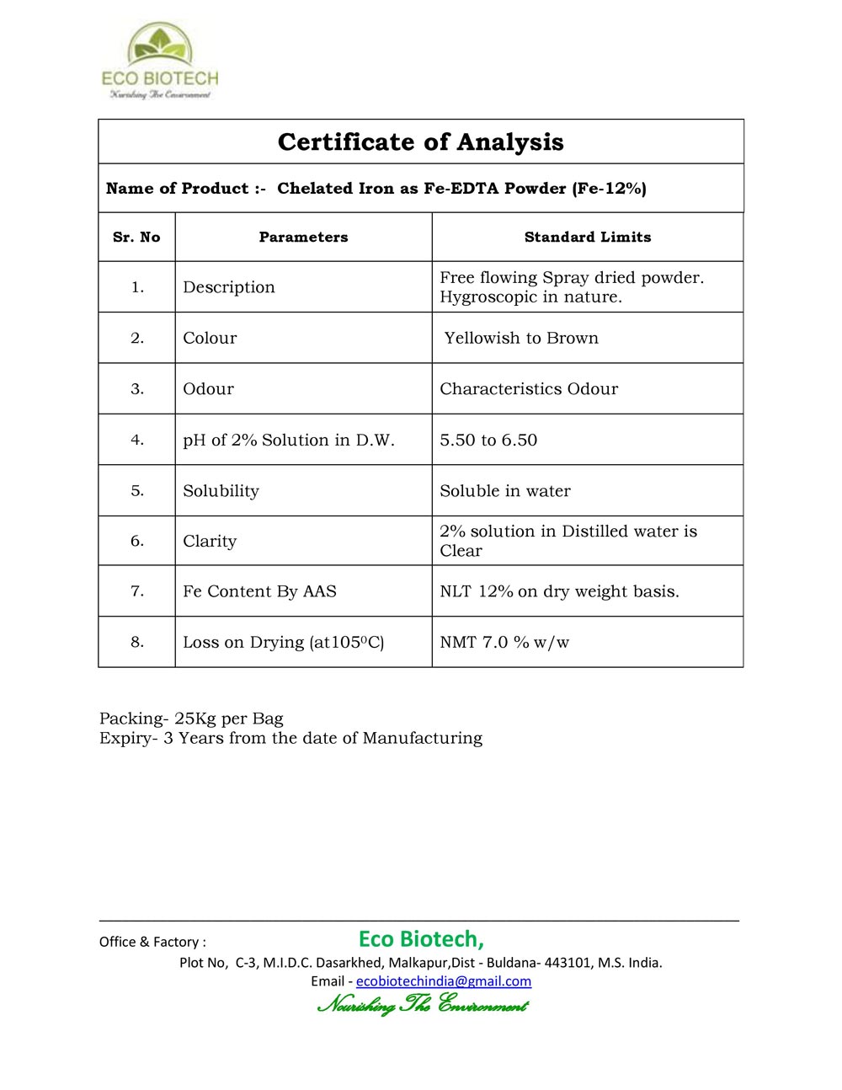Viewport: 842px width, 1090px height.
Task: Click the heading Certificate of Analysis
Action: tap(420, 142)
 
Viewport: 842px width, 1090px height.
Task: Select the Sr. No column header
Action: tap(136, 238)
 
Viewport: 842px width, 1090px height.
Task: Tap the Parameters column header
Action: tap(303, 238)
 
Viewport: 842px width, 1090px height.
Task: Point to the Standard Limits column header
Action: tap(588, 238)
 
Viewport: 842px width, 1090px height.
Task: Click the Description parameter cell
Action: tap(229, 287)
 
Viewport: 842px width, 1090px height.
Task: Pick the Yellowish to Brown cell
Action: tap(521, 338)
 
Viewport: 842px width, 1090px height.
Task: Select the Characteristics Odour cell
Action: tap(529, 389)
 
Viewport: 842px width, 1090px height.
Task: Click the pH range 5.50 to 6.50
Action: tap(488, 440)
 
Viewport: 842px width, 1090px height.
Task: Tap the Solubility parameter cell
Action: tap(221, 491)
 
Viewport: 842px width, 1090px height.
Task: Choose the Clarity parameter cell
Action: tap(210, 541)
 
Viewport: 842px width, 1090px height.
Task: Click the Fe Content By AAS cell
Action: tap(259, 591)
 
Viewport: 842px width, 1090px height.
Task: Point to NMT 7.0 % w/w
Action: tap(504, 642)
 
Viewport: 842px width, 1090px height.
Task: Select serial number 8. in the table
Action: tap(137, 642)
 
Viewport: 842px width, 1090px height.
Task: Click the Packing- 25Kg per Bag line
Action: tap(191, 719)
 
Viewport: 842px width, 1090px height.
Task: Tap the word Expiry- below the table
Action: tap(128, 738)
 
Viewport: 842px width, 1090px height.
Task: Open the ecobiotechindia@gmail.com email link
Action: tap(444, 981)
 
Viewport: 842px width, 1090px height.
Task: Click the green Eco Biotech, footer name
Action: tap(421, 938)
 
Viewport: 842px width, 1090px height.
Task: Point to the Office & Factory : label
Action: tap(152, 942)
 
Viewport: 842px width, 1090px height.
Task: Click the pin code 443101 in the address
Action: tap(568, 962)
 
